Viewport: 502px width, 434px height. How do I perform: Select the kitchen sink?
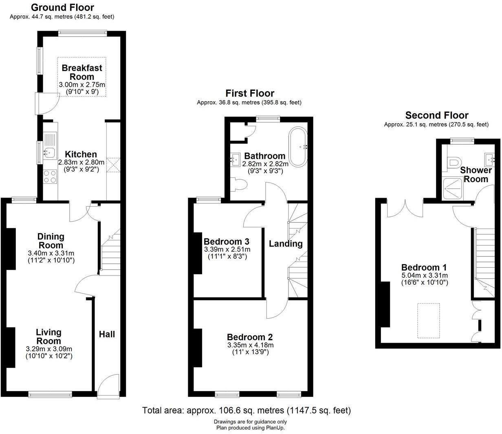tap(50, 152)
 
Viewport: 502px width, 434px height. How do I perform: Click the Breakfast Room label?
tap(82, 72)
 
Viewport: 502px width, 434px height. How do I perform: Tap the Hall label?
tap(107, 334)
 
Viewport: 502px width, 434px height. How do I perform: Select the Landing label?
tap(286, 244)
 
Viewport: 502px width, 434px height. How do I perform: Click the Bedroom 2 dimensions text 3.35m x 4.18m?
tap(250, 345)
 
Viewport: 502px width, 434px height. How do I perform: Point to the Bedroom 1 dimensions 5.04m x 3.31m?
tap(424, 275)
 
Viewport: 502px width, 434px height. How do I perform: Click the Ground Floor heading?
tap(62, 7)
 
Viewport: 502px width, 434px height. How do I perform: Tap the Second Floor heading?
tap(436, 115)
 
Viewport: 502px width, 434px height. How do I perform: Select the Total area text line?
tap(246, 410)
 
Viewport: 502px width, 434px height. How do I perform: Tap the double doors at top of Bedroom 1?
tap(405, 207)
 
